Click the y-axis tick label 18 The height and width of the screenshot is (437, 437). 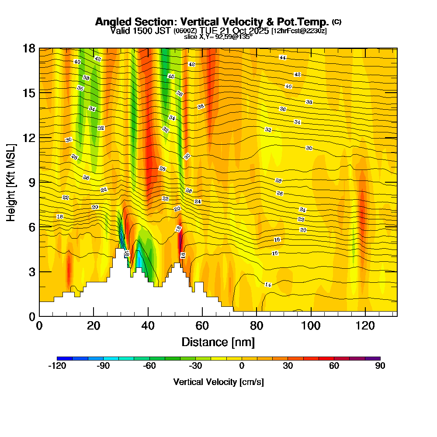tap(29, 48)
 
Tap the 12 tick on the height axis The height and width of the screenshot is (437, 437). tap(29, 137)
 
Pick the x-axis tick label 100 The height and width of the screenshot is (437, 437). tap(310, 326)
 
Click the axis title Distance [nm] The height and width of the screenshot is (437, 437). tap(218, 342)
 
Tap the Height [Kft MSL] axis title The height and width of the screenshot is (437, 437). tap(11, 182)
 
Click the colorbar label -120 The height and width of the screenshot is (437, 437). tap(57, 366)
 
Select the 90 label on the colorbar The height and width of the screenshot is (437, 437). tap(380, 366)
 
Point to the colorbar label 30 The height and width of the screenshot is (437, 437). tap(288, 366)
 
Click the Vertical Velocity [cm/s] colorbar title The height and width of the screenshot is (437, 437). tap(218, 382)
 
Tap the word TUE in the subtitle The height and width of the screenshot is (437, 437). tap(208, 31)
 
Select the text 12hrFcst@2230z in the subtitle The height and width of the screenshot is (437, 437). tap(299, 31)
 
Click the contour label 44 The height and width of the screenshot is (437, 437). tap(283, 58)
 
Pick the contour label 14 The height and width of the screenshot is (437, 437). tap(268, 285)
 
